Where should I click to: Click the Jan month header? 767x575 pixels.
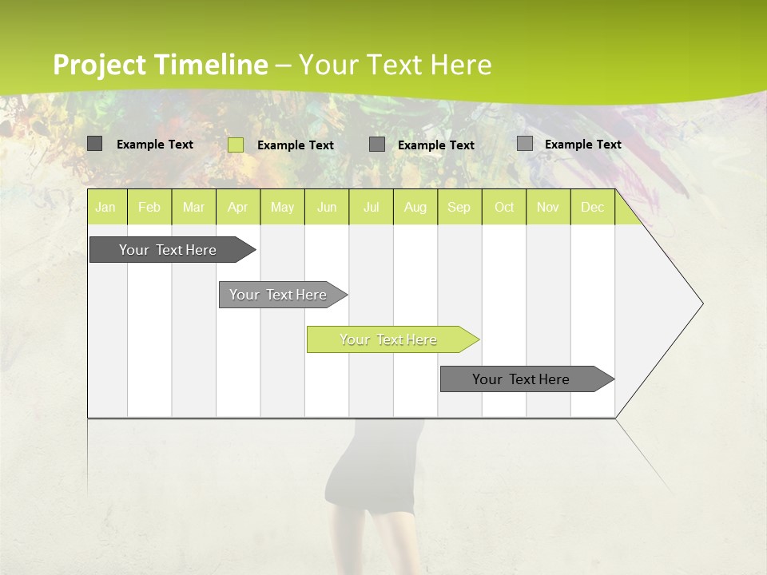pyautogui.click(x=105, y=207)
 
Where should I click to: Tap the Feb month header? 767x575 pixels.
pyautogui.click(x=149, y=207)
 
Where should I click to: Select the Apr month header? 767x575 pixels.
pyautogui.click(x=237, y=207)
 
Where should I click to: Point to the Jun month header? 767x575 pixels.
pyautogui.click(x=327, y=207)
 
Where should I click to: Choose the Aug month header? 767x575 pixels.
pyautogui.click(x=415, y=207)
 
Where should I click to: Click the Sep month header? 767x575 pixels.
pyautogui.click(x=459, y=207)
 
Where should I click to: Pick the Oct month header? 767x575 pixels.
pyautogui.click(x=504, y=207)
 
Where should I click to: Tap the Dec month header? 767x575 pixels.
pyautogui.click(x=592, y=207)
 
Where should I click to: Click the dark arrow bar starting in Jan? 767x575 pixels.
pyautogui.click(x=168, y=250)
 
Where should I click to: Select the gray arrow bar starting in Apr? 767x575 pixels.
pyautogui.click(x=278, y=295)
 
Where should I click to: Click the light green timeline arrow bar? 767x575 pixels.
pyautogui.click(x=388, y=339)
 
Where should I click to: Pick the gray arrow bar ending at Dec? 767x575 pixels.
pyautogui.click(x=521, y=379)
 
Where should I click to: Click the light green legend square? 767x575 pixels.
pyautogui.click(x=236, y=145)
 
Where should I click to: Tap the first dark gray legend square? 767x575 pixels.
pyautogui.click(x=95, y=144)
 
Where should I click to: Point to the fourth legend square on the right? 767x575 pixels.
pyautogui.click(x=525, y=144)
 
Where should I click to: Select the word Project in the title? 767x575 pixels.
pyautogui.click(x=100, y=65)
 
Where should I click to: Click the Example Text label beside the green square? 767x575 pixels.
pyautogui.click(x=296, y=145)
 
